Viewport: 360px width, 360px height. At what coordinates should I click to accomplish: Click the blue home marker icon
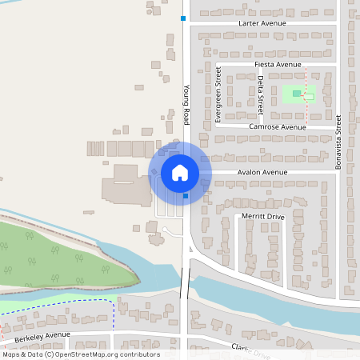(x=179, y=173)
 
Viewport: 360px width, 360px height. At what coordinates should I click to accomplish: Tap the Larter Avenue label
(x=262, y=25)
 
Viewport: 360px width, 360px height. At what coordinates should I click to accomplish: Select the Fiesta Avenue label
(x=277, y=64)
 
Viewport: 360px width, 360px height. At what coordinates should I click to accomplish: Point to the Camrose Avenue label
(x=277, y=127)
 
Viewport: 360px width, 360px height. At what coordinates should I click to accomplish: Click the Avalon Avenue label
(x=261, y=172)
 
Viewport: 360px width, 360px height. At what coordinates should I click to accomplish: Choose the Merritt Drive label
(x=263, y=217)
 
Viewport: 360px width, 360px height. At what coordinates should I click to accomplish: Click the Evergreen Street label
(x=218, y=95)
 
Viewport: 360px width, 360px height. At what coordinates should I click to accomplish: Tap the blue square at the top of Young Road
(x=183, y=18)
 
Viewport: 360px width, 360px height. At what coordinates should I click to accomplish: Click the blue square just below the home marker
(x=186, y=195)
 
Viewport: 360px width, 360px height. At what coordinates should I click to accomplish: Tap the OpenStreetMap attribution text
(x=80, y=354)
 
